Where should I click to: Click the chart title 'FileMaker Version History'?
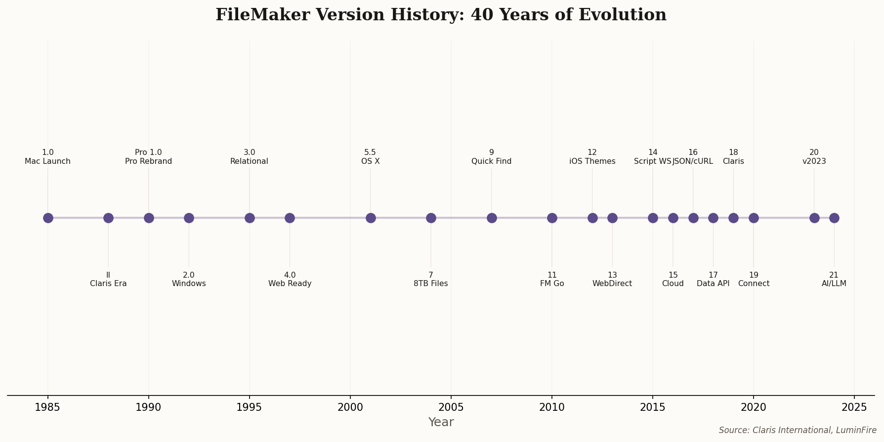(441, 15)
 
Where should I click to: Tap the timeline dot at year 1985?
(48, 218)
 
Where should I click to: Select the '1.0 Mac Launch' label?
(48, 157)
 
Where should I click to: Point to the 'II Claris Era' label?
(108, 279)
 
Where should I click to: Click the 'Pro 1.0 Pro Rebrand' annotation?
(149, 157)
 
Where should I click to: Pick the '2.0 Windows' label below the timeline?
(189, 279)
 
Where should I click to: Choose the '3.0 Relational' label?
(250, 157)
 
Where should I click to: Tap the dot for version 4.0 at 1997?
(290, 218)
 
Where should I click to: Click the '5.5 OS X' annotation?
(371, 157)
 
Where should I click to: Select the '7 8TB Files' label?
(431, 279)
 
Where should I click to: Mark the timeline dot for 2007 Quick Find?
(492, 218)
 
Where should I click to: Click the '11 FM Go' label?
(552, 279)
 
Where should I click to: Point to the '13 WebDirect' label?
(612, 279)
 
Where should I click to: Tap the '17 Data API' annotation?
(713, 279)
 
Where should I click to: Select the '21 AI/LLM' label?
(834, 279)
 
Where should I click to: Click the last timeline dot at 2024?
(834, 218)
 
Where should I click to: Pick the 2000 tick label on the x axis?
(350, 407)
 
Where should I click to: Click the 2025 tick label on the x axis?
(854, 407)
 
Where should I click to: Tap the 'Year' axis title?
(441, 422)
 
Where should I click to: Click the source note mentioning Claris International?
(798, 430)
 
